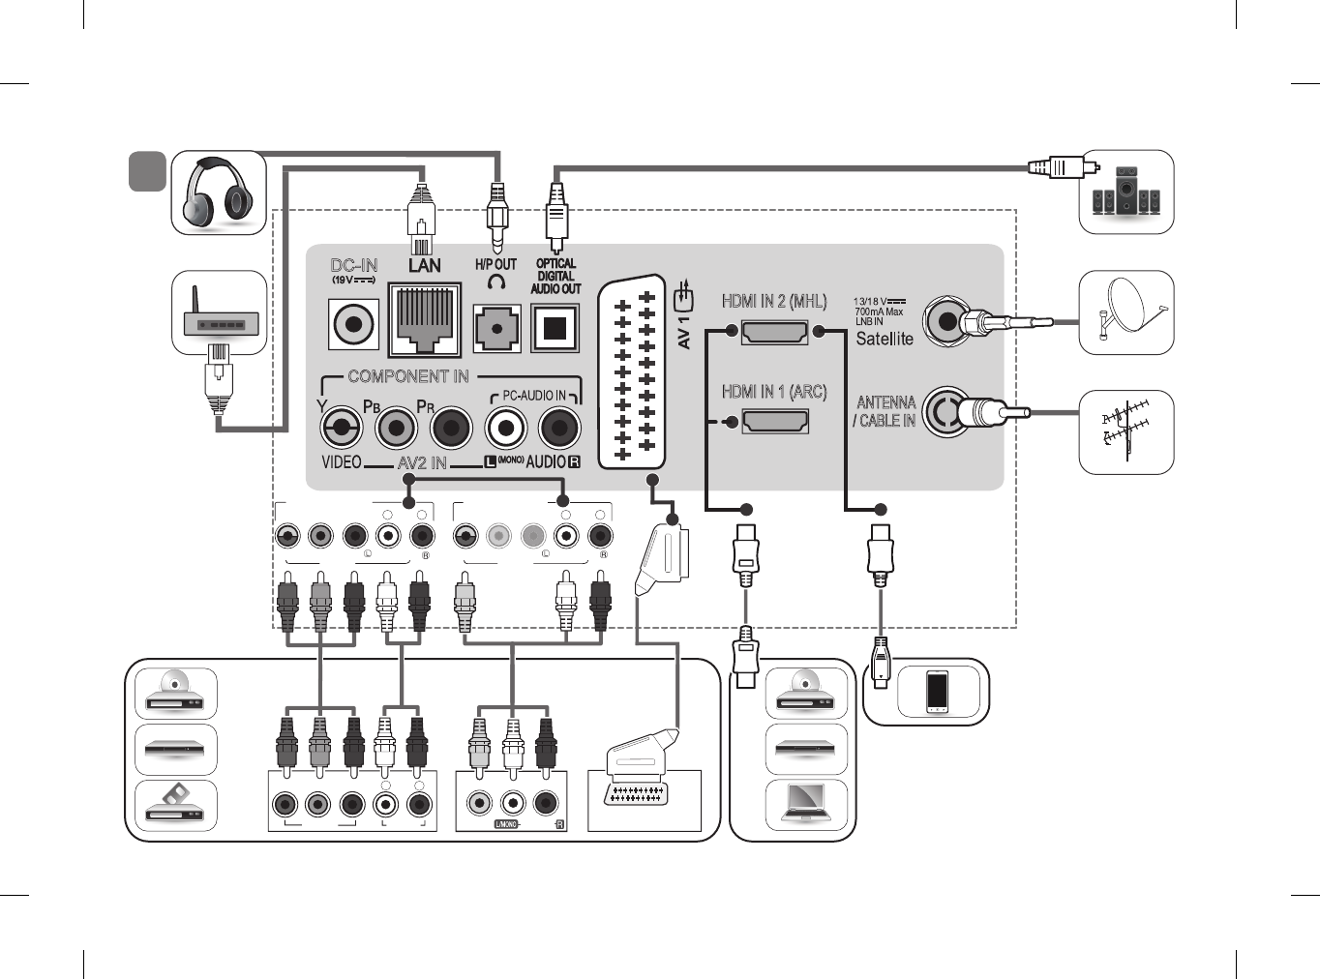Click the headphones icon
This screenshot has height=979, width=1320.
click(x=219, y=193)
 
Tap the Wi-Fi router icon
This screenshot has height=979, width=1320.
click(x=220, y=312)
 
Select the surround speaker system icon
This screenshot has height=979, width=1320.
click(x=1125, y=192)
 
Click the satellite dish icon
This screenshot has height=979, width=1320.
click(x=1126, y=312)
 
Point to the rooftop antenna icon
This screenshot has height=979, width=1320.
click(x=1126, y=431)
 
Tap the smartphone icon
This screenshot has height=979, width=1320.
click(x=937, y=691)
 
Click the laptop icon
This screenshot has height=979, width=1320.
click(x=806, y=802)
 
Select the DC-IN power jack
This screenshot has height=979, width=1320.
click(x=353, y=323)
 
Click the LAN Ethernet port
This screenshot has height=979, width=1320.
click(x=424, y=318)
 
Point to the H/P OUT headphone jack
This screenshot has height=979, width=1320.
click(x=496, y=328)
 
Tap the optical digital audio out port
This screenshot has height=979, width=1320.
click(x=555, y=328)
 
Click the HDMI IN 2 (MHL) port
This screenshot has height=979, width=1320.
click(x=774, y=332)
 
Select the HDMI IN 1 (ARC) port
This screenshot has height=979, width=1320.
click(x=774, y=422)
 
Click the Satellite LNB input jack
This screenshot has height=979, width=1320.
click(x=945, y=321)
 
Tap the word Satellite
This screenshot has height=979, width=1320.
click(x=885, y=339)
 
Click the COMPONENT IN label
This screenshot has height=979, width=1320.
click(x=407, y=376)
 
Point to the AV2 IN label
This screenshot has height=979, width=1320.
click(x=422, y=462)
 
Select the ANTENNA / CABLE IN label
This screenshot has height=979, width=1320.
click(x=885, y=411)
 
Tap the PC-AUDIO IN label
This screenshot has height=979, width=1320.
click(x=534, y=395)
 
